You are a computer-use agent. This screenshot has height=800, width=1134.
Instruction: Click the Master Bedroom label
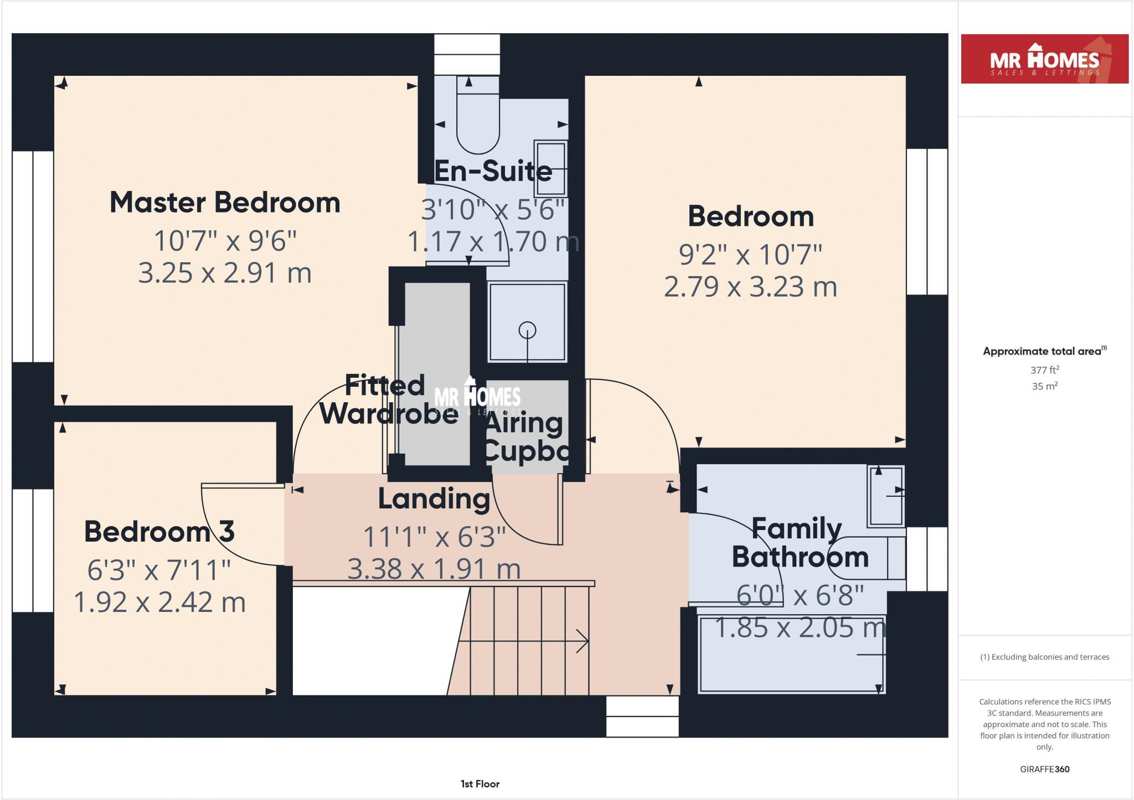pos(225,202)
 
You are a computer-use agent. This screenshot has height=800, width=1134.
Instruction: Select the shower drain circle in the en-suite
pos(527,330)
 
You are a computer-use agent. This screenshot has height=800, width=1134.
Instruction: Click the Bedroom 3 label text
pos(159,532)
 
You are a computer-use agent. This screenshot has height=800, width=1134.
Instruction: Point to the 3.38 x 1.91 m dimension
pos(434,569)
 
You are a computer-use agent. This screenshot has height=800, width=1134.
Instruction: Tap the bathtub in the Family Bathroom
pos(792,654)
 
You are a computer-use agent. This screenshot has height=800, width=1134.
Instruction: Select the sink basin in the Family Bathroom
pos(886,496)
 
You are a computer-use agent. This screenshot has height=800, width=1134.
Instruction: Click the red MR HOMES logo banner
pos(1044,59)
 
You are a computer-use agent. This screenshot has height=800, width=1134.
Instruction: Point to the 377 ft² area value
pos(1045,370)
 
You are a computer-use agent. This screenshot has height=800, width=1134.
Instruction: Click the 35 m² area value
pos(1045,386)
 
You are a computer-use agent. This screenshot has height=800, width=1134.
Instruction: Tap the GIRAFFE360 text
pos(1044,769)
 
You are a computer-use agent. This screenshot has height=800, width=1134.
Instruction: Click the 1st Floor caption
pos(480,784)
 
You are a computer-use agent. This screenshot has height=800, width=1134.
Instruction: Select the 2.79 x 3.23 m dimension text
pos(750,287)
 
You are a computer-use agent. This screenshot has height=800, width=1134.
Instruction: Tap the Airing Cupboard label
pos(525,438)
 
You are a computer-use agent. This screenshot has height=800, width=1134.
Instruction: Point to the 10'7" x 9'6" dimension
pos(225,241)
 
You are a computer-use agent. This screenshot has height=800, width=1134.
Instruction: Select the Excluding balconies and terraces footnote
pos(1044,657)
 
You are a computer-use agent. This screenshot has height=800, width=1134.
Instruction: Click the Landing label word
pos(434,499)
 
